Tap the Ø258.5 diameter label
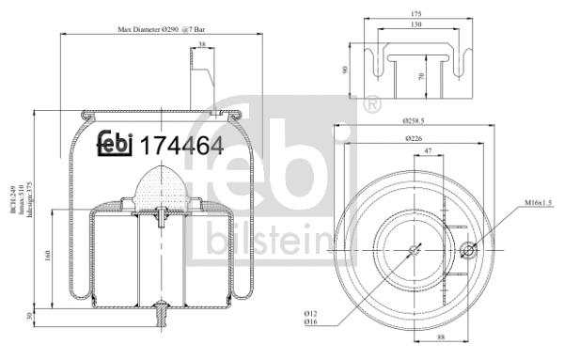pyautogui.click(x=416, y=121)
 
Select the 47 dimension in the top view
pyautogui.click(x=429, y=150)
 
